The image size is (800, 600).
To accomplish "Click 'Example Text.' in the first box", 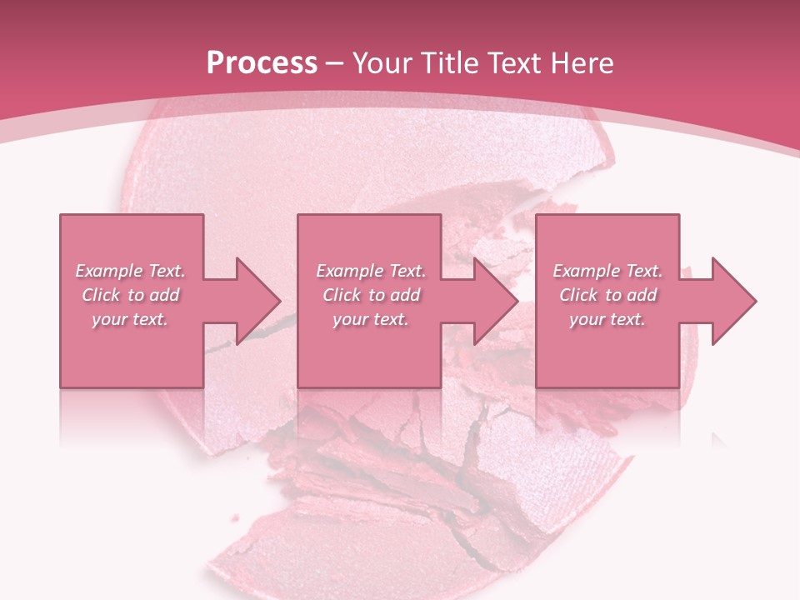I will pos(131,271).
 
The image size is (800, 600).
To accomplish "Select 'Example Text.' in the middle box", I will pos(371,271).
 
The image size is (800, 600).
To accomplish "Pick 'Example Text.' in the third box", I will pos(607,271).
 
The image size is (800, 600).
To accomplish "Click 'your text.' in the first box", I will pos(130,319).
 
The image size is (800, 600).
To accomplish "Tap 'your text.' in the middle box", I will pos(370,319).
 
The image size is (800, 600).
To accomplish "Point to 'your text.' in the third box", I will pos(607,319).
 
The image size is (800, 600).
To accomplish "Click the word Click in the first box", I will pos(101,295).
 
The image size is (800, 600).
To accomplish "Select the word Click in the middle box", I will pos(342,295).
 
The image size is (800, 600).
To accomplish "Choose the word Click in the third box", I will pos(578,295).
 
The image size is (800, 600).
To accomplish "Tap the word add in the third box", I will pos(640,295).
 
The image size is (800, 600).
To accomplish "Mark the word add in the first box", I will pos(163,295).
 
